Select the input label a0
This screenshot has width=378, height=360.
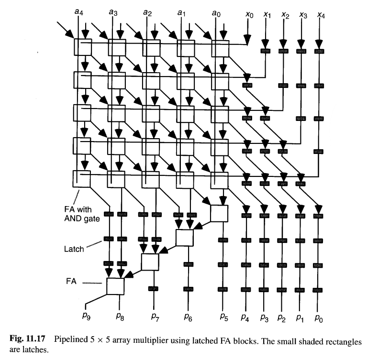[216, 13]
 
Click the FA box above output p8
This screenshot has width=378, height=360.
[115, 286]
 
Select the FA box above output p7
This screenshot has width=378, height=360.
[150, 262]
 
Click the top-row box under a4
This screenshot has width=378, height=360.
[82, 47]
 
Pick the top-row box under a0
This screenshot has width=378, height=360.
[220, 47]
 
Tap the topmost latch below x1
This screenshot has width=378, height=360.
[266, 50]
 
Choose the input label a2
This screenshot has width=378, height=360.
[147, 13]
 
